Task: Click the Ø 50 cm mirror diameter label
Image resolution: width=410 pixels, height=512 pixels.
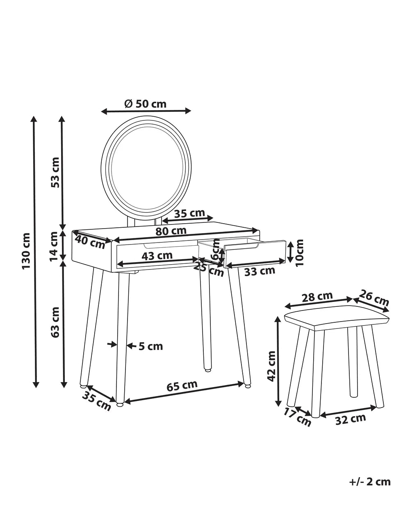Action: coord(145,104)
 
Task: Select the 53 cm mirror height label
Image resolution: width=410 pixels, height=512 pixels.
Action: coord(55,172)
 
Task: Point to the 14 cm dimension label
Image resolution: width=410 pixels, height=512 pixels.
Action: coord(54,246)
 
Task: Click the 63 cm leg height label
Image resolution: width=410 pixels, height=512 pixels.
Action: coord(55,322)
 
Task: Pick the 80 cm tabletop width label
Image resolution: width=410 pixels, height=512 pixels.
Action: coord(171,231)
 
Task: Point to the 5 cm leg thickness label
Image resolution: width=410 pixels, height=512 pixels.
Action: coord(150,347)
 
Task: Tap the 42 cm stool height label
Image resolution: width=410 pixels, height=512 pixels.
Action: coord(271,366)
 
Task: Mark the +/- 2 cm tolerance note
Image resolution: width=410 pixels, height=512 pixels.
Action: coord(370,482)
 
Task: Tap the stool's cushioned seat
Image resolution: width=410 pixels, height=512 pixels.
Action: coord(342,316)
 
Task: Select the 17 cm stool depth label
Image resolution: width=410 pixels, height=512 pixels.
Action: coord(297,417)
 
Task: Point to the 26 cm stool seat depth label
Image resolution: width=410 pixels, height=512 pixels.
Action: coord(374,298)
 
